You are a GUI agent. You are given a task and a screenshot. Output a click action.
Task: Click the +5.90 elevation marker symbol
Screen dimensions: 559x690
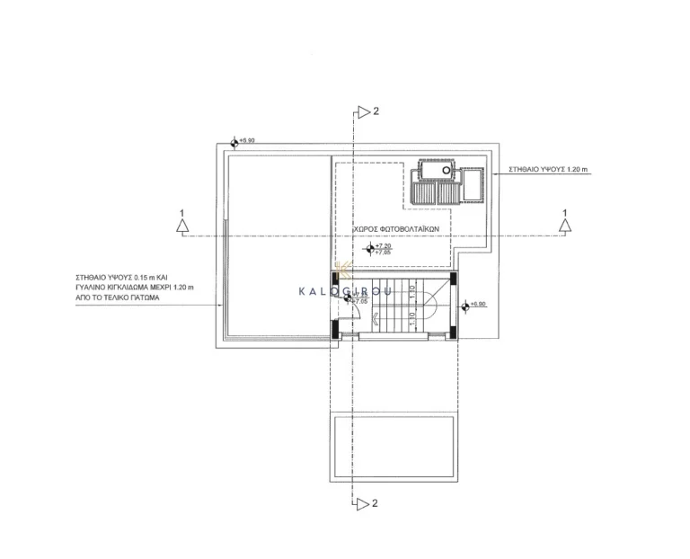(235, 141)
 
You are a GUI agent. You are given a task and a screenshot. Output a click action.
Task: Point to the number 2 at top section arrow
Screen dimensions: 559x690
(376, 111)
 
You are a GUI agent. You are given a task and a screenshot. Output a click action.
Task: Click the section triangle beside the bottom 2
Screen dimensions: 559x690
(362, 502)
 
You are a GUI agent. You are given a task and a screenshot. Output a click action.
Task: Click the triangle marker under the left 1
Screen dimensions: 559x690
(182, 228)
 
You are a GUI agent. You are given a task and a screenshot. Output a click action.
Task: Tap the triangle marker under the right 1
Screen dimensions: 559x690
(564, 228)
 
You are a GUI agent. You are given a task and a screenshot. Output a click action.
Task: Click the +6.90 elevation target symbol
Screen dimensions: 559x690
(464, 306)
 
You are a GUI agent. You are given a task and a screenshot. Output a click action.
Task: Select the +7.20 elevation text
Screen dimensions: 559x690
(385, 245)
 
